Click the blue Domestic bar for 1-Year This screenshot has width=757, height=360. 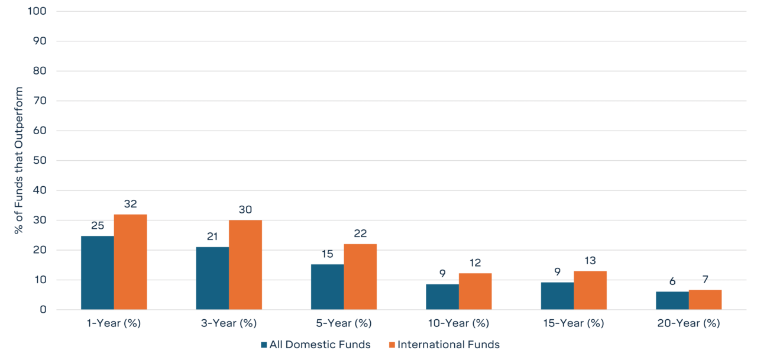point(98,273)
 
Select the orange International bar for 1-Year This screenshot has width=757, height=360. point(131,262)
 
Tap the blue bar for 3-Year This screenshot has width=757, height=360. point(212,278)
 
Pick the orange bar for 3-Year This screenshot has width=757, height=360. point(245,265)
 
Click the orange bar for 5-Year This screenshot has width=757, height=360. point(360,277)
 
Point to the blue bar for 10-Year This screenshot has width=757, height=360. point(442,297)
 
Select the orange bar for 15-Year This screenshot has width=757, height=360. point(590,290)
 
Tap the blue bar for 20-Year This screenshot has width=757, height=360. point(672,300)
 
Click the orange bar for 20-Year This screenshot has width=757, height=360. point(705,300)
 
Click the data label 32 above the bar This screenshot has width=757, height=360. point(131,204)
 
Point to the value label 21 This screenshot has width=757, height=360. point(212,236)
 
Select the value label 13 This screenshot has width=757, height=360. point(590,261)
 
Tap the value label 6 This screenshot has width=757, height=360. point(672,281)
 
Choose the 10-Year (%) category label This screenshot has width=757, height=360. point(458,323)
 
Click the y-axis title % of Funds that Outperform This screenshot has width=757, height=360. point(19,160)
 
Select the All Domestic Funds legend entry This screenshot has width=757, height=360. point(315,345)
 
